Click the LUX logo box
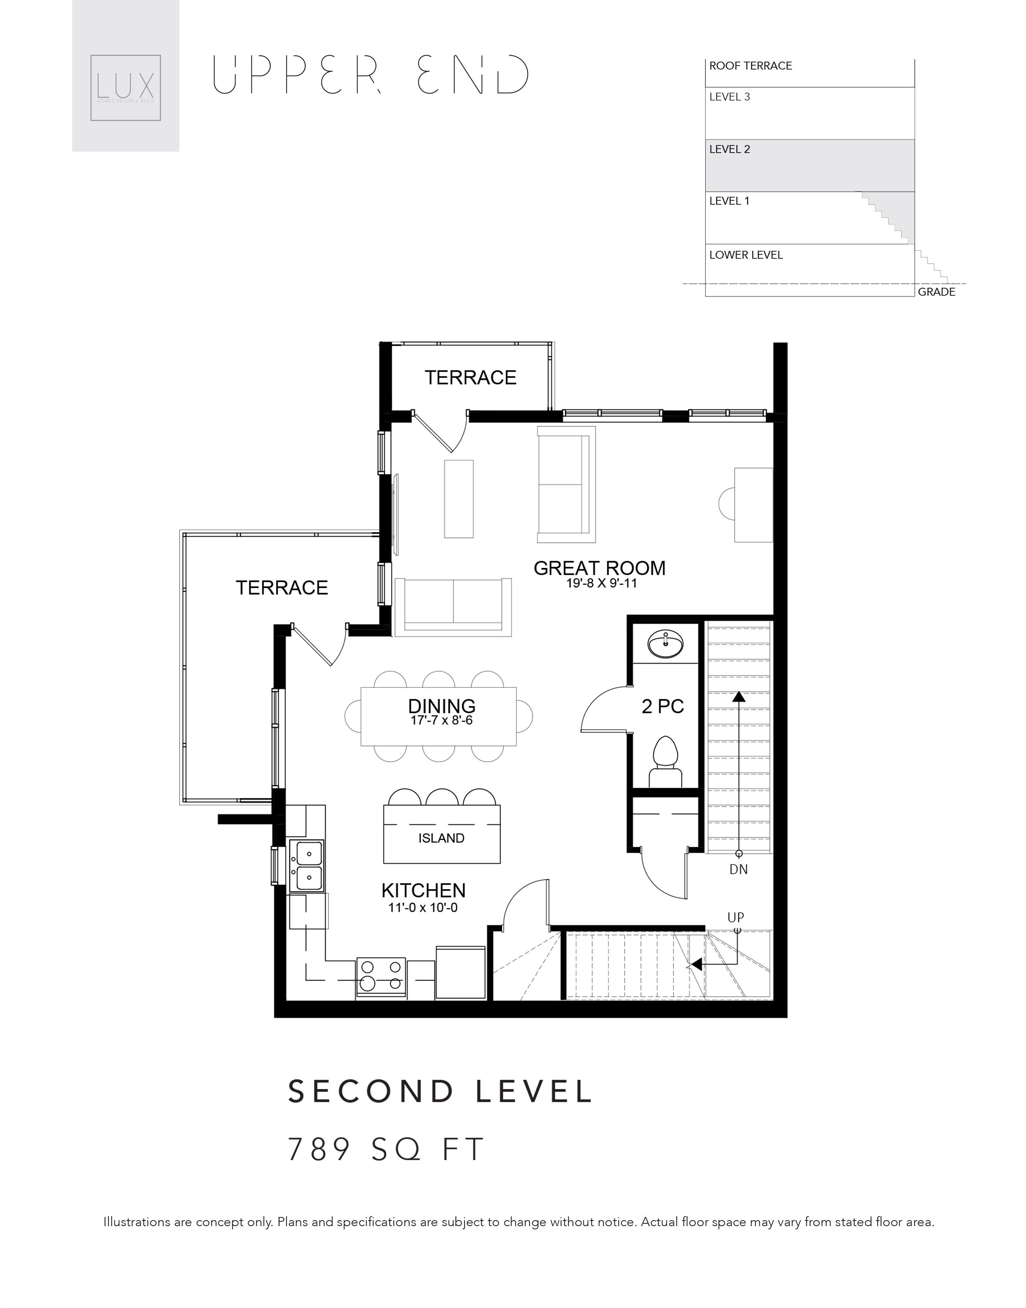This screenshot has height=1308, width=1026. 126,88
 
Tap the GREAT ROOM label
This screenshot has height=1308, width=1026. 600,568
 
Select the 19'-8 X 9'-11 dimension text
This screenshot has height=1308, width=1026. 601,583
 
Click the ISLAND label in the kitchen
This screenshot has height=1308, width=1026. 441,838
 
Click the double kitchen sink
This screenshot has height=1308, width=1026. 306,866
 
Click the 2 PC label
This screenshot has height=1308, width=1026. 662,706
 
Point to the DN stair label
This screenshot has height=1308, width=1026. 738,869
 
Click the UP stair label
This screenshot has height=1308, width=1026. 736,917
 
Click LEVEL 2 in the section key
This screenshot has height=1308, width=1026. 730,149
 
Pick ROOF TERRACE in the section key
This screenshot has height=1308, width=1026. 751,66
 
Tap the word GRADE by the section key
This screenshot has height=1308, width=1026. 937,292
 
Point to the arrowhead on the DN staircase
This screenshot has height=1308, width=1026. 738,697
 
